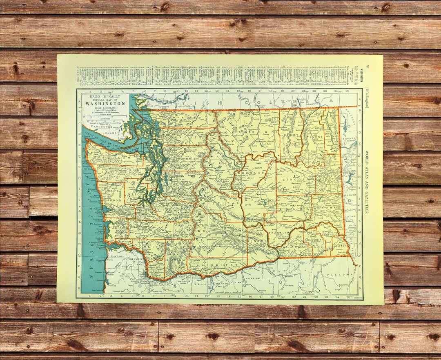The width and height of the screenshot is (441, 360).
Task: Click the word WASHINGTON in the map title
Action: pos(105,103)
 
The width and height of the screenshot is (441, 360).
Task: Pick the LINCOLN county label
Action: pos(295,179)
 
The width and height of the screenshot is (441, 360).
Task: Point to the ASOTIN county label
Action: pos(341,247)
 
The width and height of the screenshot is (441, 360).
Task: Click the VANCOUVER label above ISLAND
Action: pos(102,127)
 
